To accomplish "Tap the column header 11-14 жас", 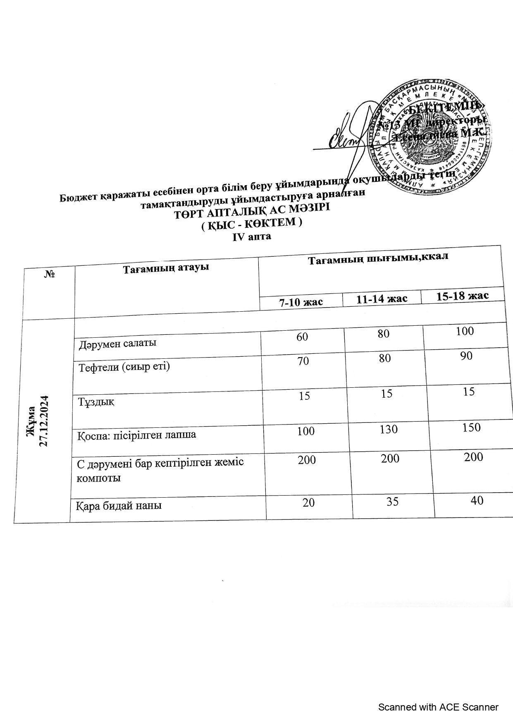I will click(382, 298).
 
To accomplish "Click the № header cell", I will click(50, 274).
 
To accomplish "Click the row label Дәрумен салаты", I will click(118, 343).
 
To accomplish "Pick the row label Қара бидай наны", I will click(119, 505).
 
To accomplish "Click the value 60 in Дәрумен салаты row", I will click(302, 336).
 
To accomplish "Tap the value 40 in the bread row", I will click(477, 500).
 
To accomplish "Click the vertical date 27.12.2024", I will click(44, 421).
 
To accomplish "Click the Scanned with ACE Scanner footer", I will click(438, 707).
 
